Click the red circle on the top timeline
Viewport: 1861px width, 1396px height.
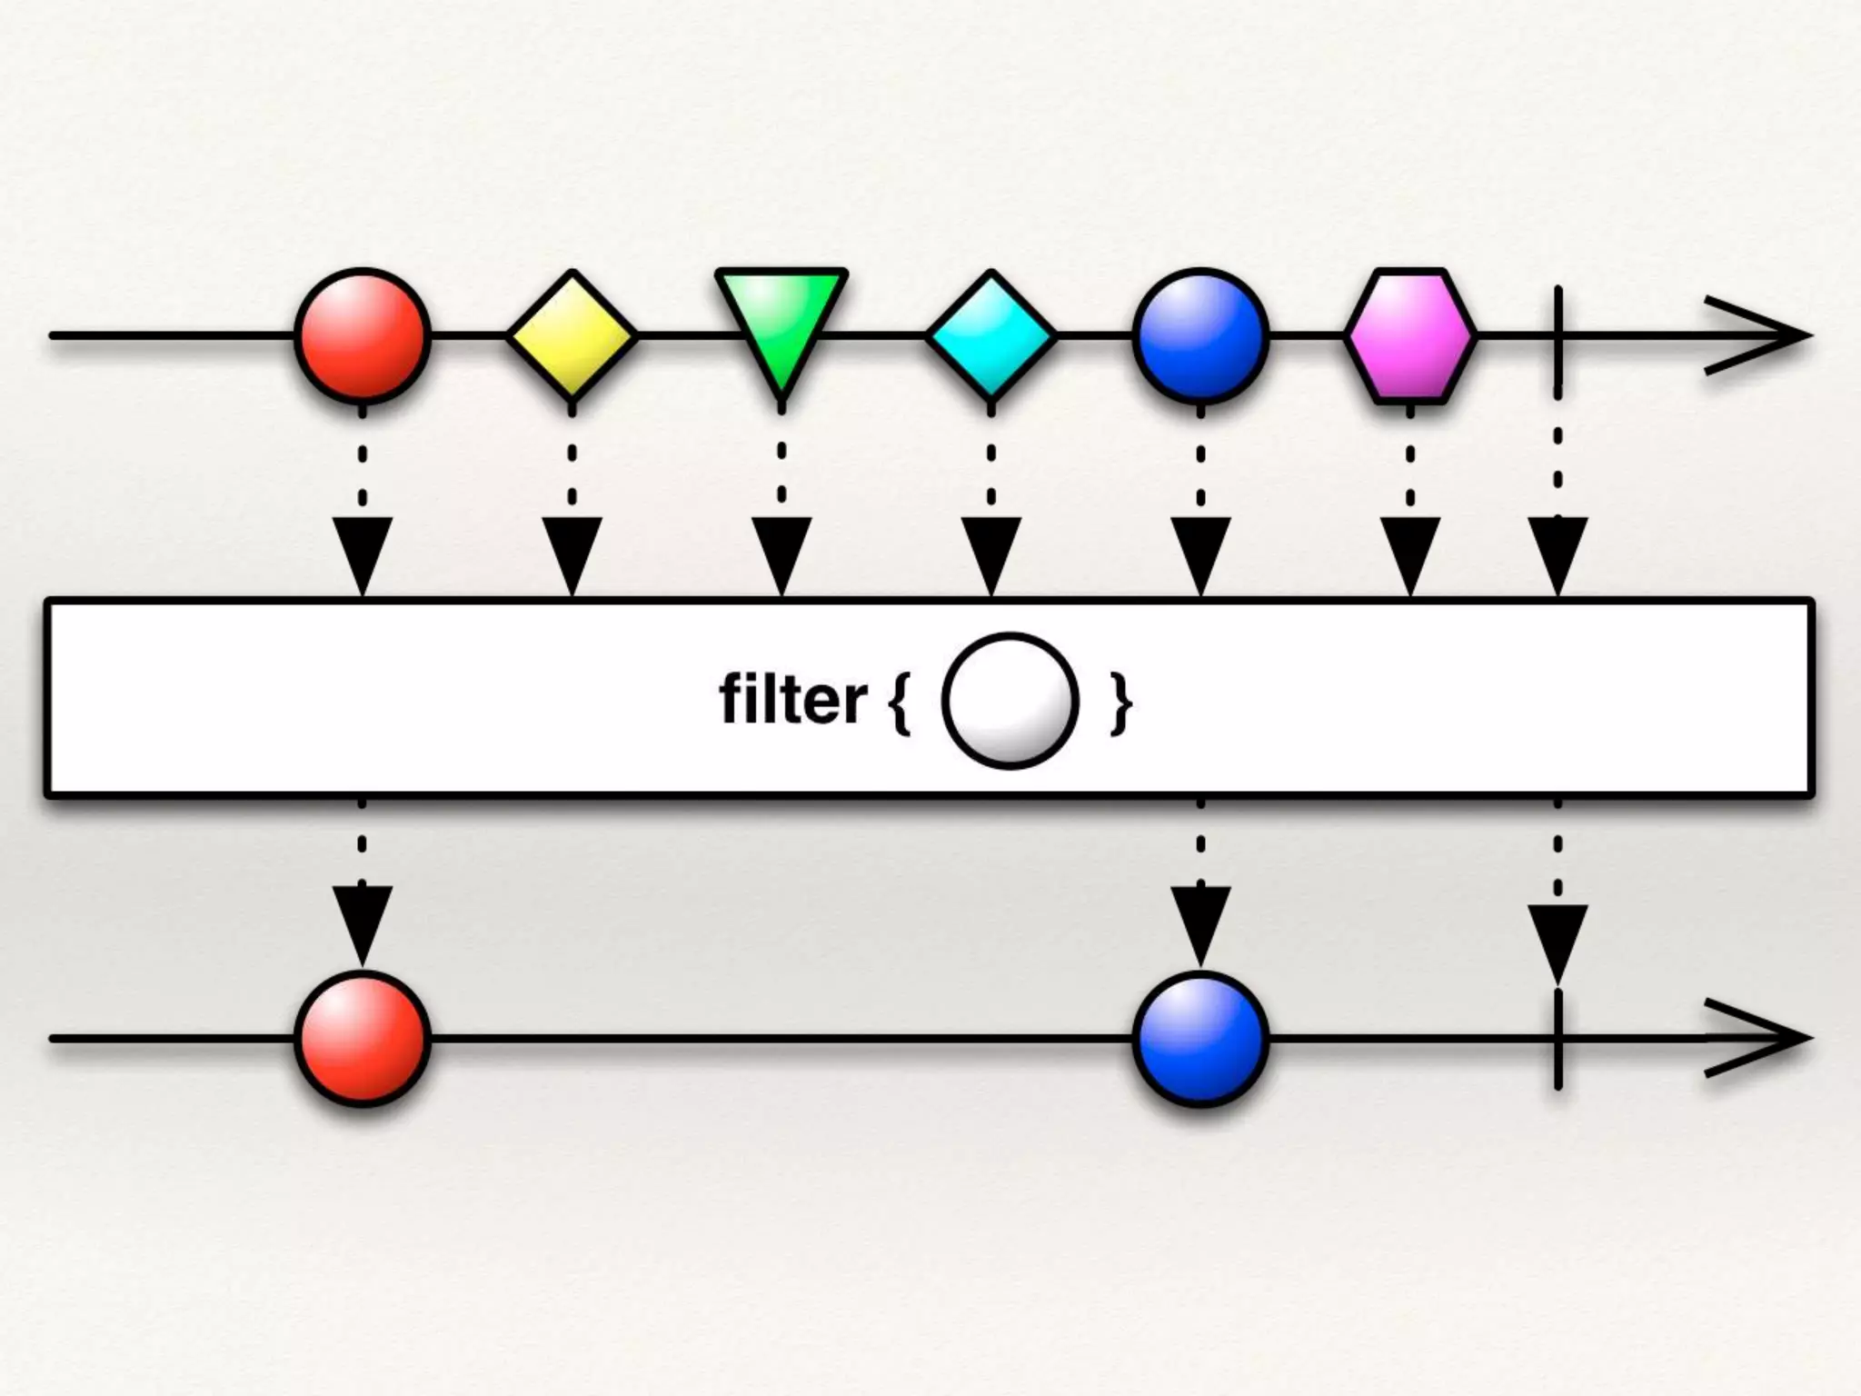[363, 335]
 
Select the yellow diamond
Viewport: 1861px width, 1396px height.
[572, 335]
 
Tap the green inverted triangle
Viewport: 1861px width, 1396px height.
[781, 318]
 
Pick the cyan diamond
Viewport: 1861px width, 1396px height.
[991, 335]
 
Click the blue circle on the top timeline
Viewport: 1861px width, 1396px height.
[1200, 335]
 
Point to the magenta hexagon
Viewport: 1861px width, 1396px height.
[1410, 335]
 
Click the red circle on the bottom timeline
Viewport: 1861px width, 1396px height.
[363, 1038]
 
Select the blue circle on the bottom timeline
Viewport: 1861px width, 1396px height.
[1200, 1038]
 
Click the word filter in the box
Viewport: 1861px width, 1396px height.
[792, 700]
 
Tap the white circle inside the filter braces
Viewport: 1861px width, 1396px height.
[1010, 701]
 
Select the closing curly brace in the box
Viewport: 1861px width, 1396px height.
[1121, 702]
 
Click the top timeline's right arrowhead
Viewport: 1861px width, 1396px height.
[1758, 335]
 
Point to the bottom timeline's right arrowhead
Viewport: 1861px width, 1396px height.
[1758, 1038]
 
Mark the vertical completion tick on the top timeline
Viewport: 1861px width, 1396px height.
[1558, 335]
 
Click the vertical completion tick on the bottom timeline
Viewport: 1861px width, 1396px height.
[1558, 1038]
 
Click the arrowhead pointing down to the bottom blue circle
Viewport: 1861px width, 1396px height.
[1200, 922]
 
